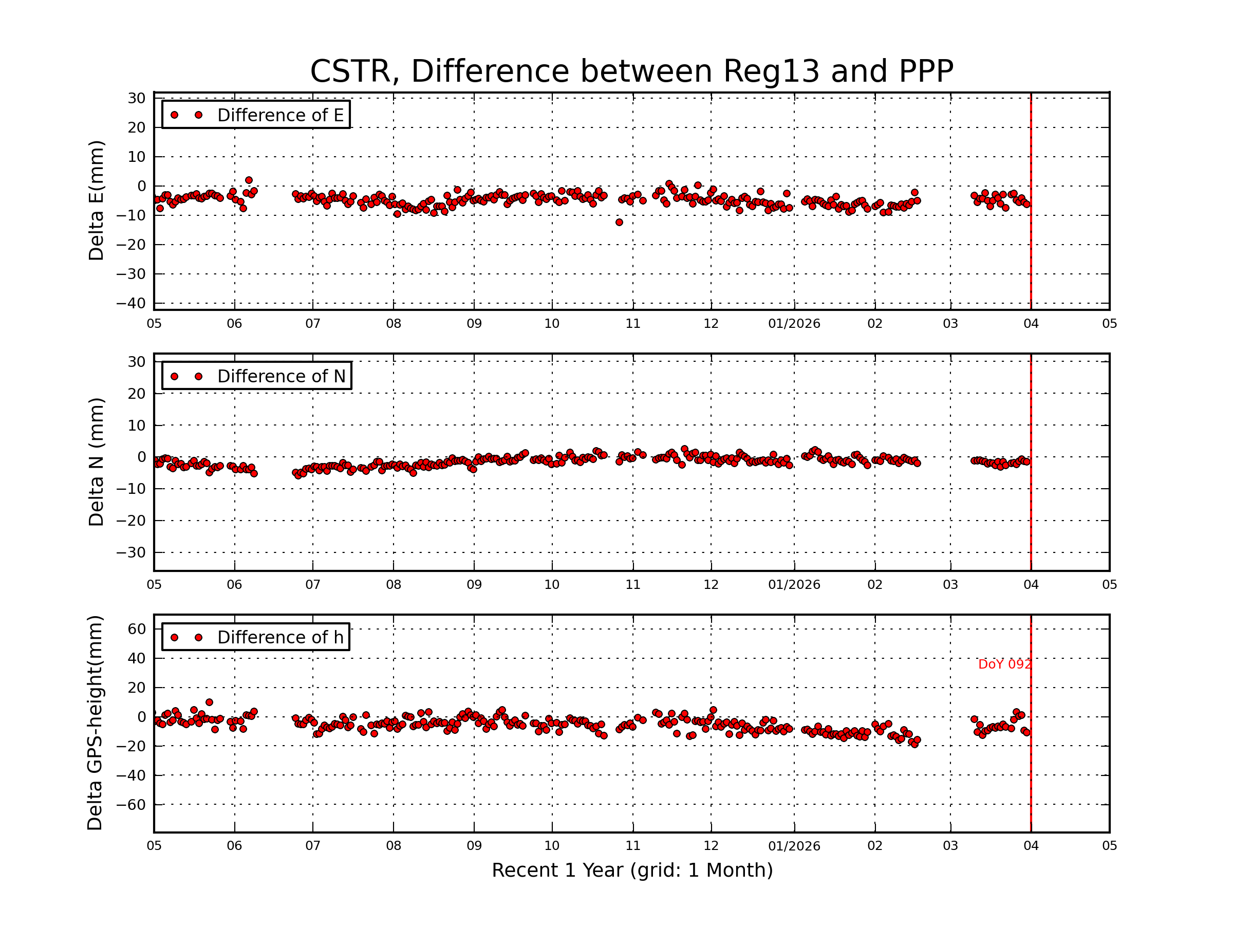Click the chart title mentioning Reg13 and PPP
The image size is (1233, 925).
631,71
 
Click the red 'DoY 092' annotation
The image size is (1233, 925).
1004,664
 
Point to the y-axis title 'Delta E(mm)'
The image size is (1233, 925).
96,201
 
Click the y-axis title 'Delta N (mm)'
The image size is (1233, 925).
96,461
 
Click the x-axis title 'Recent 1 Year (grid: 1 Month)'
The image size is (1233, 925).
631,871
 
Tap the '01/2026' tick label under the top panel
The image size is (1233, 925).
794,324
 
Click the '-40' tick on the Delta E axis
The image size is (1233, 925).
130,303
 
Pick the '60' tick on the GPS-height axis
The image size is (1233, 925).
137,629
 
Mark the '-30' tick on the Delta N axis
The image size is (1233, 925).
130,552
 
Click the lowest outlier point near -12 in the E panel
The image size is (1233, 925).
619,223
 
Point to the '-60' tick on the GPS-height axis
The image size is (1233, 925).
130,805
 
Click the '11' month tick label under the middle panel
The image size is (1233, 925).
632,585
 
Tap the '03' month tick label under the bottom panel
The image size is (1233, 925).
950,846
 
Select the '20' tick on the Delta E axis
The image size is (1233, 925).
137,127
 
